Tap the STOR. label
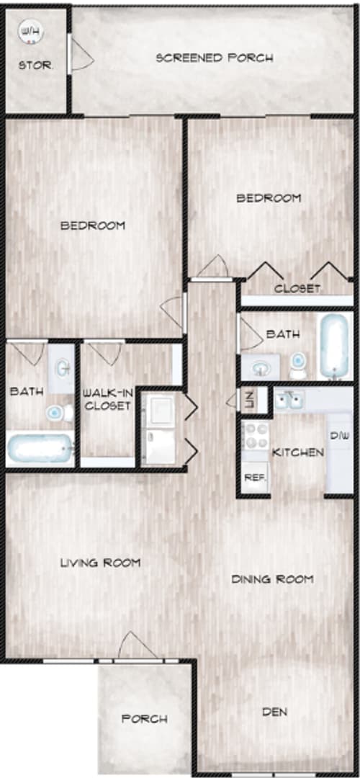point(35,65)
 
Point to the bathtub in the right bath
point(335,346)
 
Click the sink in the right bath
point(259,368)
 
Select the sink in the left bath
point(63,368)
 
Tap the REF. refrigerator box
point(253,477)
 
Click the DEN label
point(274,712)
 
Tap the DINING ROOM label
point(272,578)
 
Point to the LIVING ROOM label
point(99,562)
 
